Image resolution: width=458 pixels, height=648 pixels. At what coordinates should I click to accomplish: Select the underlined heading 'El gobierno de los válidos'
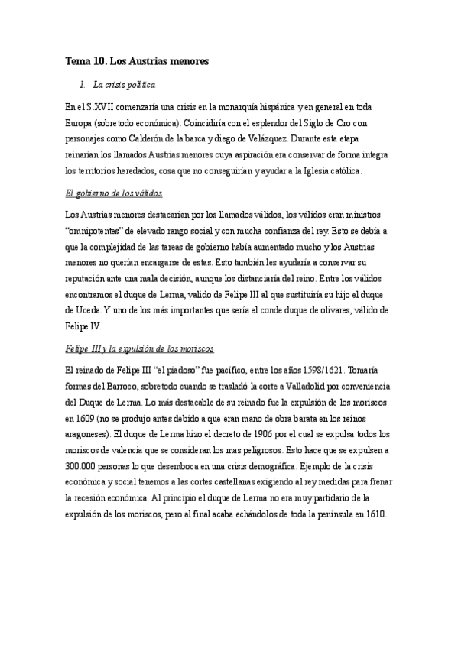113,193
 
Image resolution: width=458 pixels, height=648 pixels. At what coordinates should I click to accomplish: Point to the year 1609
77,419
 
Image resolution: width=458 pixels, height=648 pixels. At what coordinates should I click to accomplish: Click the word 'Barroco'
119,387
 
